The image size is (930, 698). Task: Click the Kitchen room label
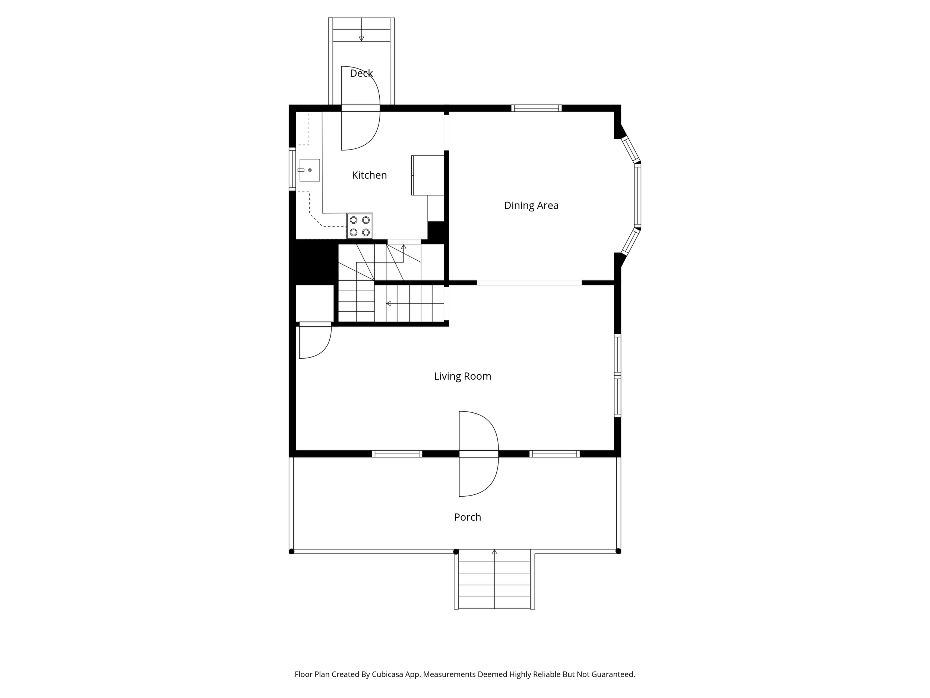click(369, 175)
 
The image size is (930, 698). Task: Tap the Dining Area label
click(531, 205)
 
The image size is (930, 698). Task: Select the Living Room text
click(462, 376)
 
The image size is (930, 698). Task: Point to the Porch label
click(468, 517)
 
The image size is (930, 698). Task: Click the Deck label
click(361, 73)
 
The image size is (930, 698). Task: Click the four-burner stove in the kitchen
click(360, 226)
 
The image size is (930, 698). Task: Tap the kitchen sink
click(309, 170)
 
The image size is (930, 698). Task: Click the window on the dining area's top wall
click(537, 108)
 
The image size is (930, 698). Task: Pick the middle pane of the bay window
click(638, 196)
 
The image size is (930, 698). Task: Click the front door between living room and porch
click(478, 453)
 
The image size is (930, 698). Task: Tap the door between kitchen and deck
click(360, 108)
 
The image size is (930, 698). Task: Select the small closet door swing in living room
click(315, 340)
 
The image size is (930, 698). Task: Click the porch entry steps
click(494, 579)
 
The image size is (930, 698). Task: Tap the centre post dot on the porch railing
click(456, 551)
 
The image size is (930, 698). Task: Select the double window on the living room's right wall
click(618, 375)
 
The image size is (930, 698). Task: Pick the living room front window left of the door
click(397, 453)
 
